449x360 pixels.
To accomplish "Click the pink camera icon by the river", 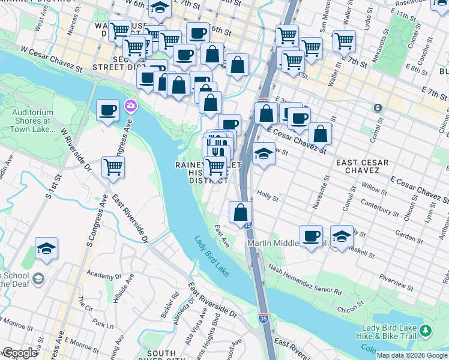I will tap(130, 107).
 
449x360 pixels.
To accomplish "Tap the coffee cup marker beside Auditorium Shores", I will tap(108, 110).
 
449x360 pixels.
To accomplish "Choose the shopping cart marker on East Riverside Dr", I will tap(113, 167).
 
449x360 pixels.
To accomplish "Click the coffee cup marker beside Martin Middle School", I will tap(311, 236).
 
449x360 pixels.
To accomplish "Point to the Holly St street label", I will tap(268, 196).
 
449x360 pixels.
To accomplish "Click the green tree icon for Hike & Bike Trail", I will tap(425, 331).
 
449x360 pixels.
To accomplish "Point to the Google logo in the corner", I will tap(20, 353).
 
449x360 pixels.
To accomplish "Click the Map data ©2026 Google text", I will tap(412, 355).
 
